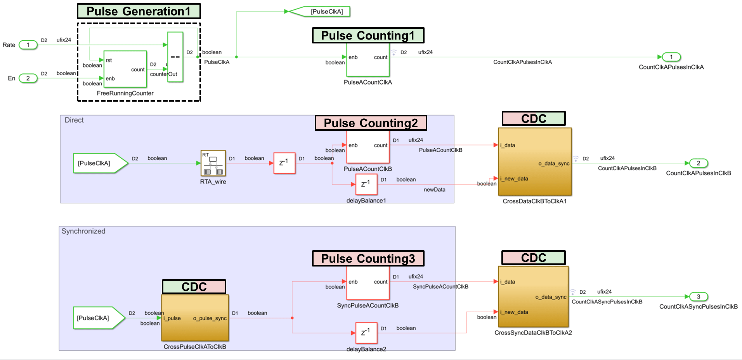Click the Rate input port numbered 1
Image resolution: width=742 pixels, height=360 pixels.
point(28,45)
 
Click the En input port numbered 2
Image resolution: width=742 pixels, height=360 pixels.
point(28,78)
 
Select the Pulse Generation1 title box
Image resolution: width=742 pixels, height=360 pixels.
point(139,11)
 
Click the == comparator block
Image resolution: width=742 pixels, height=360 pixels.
point(175,57)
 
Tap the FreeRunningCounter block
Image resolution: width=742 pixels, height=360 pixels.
point(125,69)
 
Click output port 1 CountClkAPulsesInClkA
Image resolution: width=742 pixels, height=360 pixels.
point(671,57)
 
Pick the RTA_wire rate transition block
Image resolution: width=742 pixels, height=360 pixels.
point(213,163)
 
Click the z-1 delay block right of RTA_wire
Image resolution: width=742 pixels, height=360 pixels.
point(284,163)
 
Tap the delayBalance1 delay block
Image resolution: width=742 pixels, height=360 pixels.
point(366,184)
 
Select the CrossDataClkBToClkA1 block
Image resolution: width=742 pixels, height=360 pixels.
point(534,162)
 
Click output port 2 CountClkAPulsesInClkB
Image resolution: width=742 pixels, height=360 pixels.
point(699,163)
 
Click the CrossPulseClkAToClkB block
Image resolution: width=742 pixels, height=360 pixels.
point(195,318)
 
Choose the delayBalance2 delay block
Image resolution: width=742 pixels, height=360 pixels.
point(366,333)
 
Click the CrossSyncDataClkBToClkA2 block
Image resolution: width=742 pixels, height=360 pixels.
point(533,297)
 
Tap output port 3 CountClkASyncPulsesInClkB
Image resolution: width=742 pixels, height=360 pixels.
point(699,297)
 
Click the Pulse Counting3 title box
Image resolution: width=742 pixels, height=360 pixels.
point(368,258)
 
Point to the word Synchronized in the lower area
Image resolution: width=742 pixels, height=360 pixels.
point(83,231)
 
